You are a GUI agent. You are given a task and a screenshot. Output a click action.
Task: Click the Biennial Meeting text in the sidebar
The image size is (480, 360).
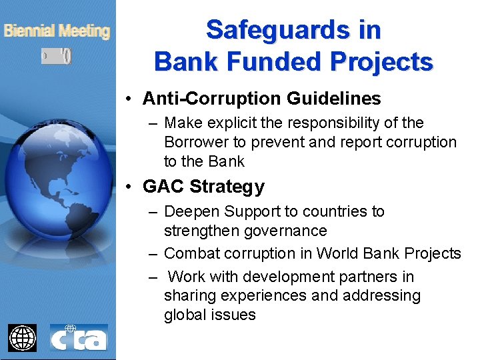pyautogui.click(x=57, y=31)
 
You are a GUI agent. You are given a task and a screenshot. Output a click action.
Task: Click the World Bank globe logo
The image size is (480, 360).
pyautogui.click(x=22, y=337)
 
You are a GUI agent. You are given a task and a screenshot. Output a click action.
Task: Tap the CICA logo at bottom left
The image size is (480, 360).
pyautogui.click(x=79, y=337)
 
